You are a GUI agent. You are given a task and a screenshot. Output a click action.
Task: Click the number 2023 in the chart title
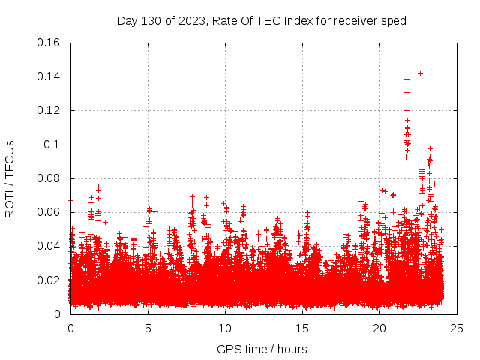(192, 21)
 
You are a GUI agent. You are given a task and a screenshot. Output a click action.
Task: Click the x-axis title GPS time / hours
(262, 349)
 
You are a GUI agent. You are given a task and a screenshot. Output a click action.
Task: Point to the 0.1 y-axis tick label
(53, 145)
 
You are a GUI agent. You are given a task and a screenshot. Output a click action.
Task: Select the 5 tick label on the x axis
(148, 328)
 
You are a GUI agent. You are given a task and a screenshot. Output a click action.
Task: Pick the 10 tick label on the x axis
(225, 328)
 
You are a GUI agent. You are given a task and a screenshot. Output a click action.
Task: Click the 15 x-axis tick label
(303, 328)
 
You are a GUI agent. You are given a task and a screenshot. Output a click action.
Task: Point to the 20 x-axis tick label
(380, 328)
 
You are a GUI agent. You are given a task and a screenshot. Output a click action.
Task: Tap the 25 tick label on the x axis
(457, 328)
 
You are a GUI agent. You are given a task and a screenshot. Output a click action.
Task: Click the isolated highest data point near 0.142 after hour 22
(420, 73)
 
